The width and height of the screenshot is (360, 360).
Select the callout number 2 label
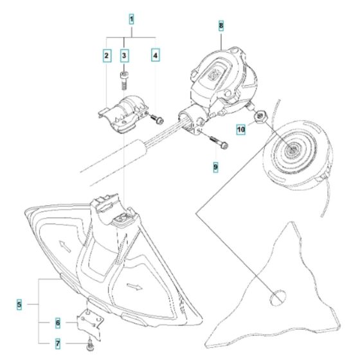point(106,56)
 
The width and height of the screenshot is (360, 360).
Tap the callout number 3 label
point(124,56)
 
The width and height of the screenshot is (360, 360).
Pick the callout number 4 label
point(155,56)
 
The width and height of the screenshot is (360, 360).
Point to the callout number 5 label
point(20,303)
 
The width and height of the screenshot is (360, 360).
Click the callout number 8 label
point(221,25)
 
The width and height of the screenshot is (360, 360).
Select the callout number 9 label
point(217,166)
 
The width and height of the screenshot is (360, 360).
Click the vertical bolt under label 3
point(124,82)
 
